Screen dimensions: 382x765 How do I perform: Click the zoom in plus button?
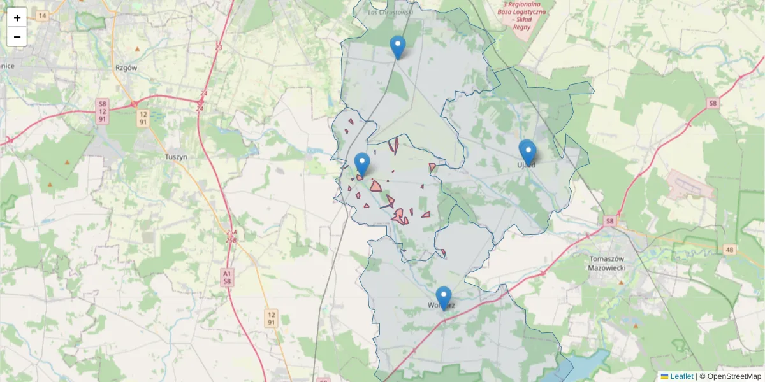click(x=17, y=17)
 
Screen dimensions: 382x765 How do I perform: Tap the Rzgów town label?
click(x=126, y=67)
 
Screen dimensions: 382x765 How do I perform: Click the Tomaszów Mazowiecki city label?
click(x=608, y=263)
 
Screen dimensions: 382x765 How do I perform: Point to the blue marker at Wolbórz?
click(x=444, y=298)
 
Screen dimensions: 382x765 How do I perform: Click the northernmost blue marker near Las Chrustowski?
click(x=398, y=46)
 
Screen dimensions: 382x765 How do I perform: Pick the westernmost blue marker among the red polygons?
click(x=362, y=164)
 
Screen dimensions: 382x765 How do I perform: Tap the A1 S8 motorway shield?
click(x=228, y=276)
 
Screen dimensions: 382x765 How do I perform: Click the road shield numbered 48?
click(x=729, y=250)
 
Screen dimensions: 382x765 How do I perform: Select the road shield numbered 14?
click(x=42, y=15)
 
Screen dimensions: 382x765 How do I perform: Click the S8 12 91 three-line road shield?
click(x=102, y=111)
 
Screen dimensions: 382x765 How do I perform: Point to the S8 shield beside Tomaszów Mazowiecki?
click(x=610, y=222)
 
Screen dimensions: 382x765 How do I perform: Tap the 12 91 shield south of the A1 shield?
click(x=272, y=318)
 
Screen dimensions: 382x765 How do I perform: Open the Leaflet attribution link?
click(x=681, y=376)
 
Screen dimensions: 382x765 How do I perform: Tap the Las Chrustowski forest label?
click(x=391, y=11)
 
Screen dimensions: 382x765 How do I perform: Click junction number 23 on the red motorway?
click(x=219, y=47)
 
